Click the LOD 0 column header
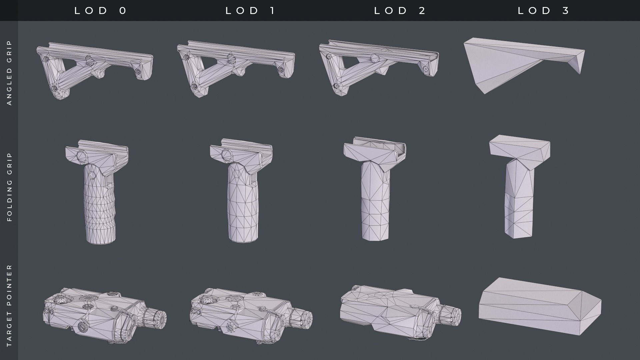[x=101, y=11]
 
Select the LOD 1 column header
[x=251, y=11]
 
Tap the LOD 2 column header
[x=400, y=11]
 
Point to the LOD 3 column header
[x=544, y=11]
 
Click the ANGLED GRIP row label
[x=9, y=73]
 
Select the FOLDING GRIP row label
[x=9, y=187]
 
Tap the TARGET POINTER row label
[x=9, y=305]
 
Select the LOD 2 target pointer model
[x=393, y=310]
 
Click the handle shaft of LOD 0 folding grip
[x=100, y=207]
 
